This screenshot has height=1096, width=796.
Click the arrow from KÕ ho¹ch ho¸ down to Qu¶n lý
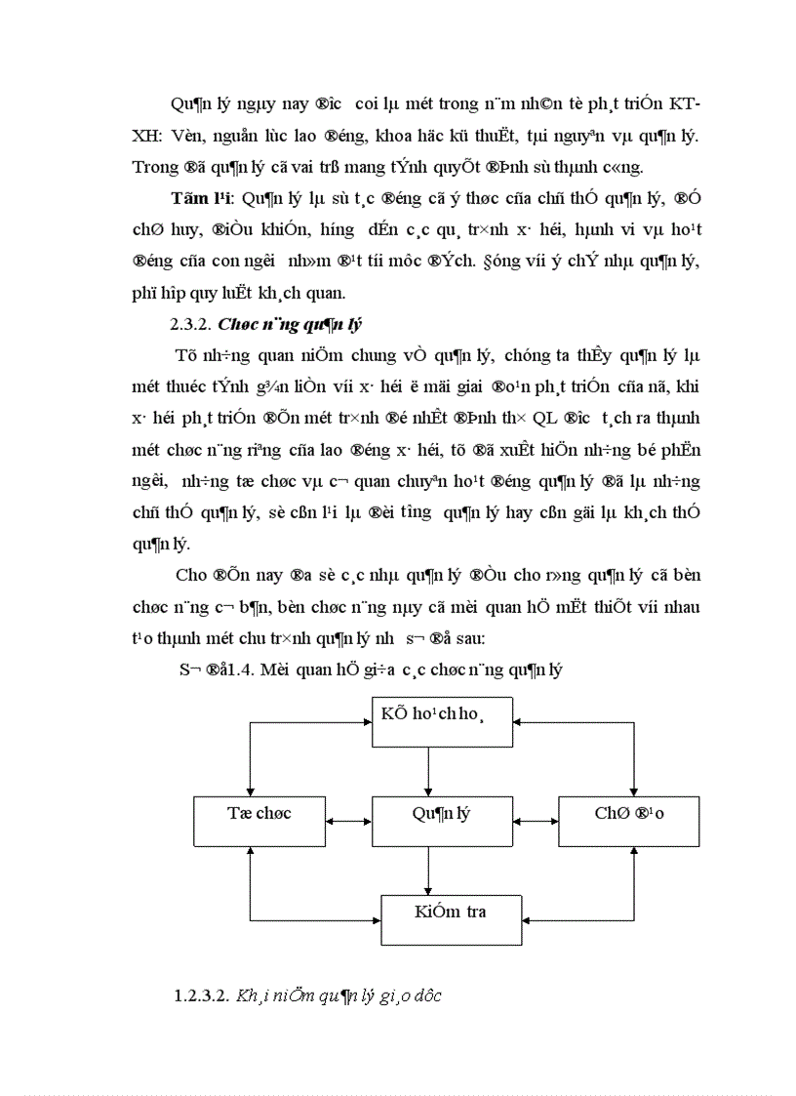[429, 771]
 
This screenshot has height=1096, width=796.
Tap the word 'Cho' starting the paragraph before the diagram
[190, 574]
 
